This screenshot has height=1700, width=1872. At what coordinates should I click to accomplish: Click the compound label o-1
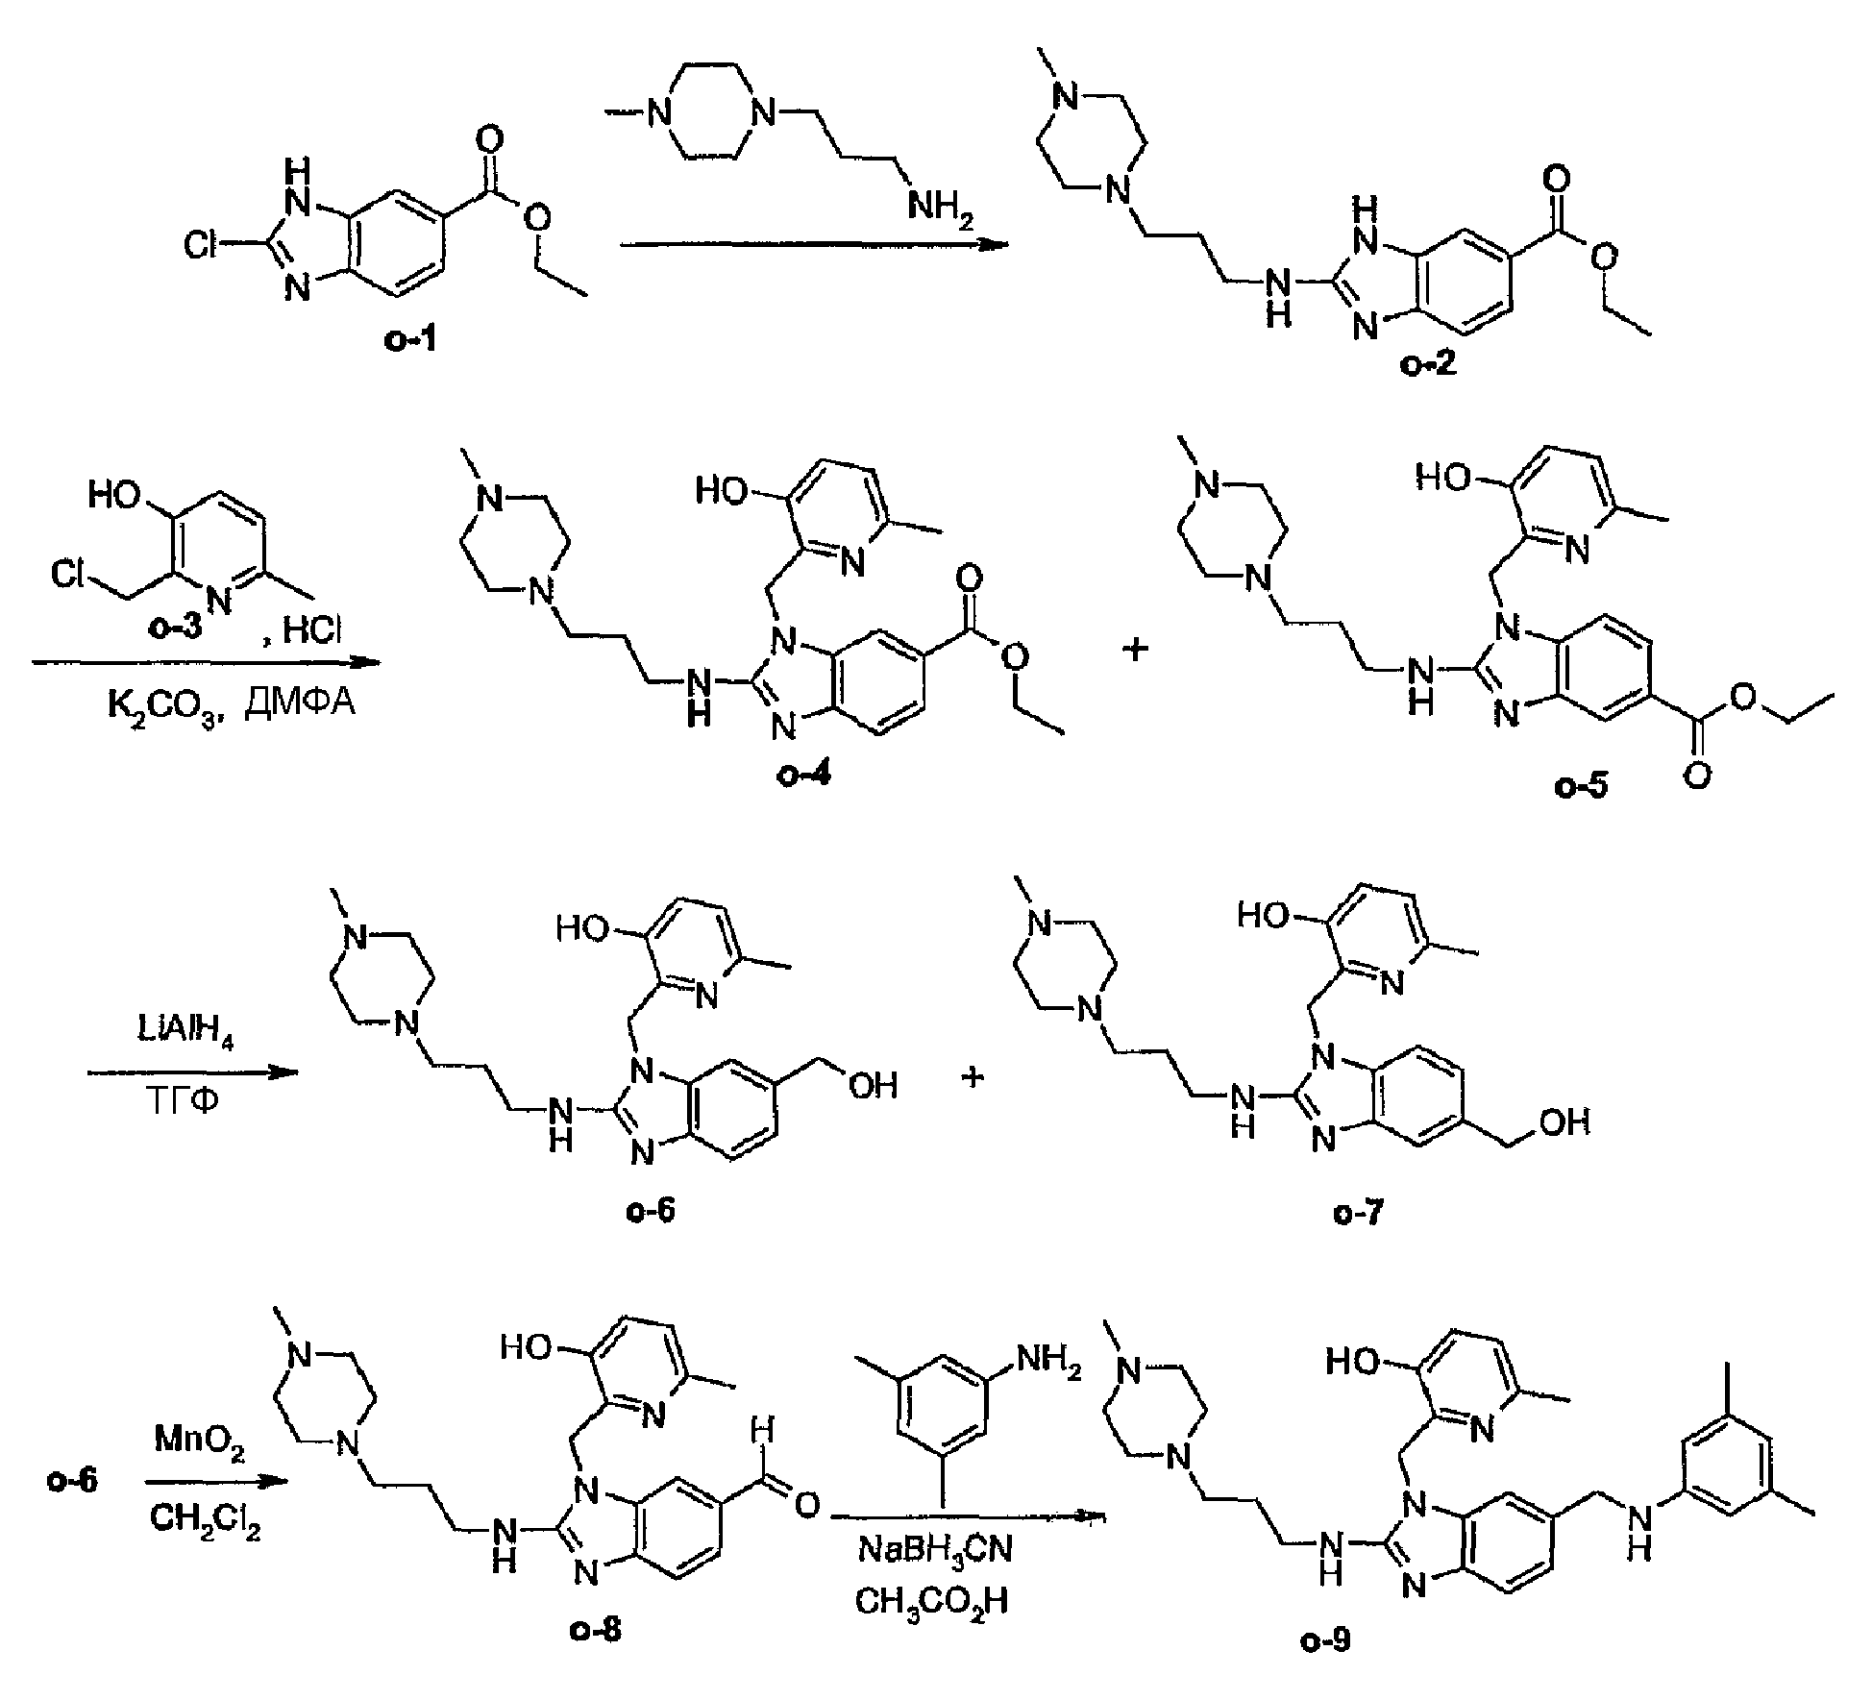click(411, 340)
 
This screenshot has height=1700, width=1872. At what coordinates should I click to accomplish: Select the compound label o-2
click(1428, 366)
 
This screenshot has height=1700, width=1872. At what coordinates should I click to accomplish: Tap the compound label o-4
click(804, 775)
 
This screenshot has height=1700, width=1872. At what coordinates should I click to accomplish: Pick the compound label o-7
click(1359, 1213)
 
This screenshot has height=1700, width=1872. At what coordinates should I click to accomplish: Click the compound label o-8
click(597, 1629)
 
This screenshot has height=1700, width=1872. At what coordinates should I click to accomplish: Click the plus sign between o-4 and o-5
click(1136, 650)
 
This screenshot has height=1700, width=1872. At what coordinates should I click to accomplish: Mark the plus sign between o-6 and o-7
click(973, 1076)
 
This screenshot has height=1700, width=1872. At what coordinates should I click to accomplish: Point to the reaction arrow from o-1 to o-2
click(814, 245)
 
